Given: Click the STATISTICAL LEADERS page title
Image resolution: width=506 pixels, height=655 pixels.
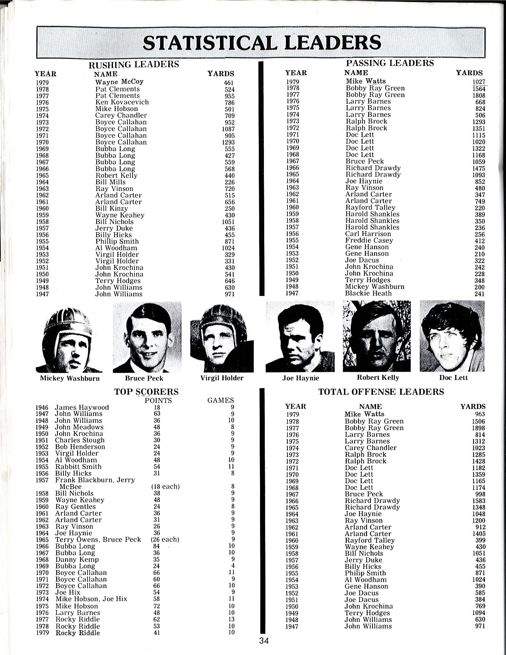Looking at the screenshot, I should pos(262,42).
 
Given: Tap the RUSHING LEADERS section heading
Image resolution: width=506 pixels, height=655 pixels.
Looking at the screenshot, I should pos(134,64).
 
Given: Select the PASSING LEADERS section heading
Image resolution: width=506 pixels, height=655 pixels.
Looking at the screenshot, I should pos(390,63).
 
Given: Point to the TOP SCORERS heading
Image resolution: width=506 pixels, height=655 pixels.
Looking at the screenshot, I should pos(146,392).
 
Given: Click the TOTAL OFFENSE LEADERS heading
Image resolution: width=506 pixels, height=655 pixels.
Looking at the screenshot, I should pos(381,392).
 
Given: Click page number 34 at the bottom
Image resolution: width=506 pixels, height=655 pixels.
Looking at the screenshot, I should pos(264,641).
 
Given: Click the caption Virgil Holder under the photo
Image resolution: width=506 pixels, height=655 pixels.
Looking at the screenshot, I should pos(222,378).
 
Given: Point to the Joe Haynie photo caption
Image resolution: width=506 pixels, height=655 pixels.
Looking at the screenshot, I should pos(300,378).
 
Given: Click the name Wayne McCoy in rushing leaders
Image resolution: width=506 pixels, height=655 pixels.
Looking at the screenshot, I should pos(119,82).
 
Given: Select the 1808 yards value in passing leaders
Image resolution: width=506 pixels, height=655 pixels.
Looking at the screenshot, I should pos(479,95).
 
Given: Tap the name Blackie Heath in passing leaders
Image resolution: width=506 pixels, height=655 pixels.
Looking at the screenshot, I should pos(368,293).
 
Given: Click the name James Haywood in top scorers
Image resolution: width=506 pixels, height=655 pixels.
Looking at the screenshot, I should pos(82,407).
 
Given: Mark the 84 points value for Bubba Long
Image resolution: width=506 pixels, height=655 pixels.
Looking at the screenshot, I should pos(156,546).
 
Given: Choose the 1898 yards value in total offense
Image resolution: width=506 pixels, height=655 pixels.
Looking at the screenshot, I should pos(479,428).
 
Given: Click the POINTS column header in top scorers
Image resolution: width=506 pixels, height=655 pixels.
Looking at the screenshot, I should pos(158,400).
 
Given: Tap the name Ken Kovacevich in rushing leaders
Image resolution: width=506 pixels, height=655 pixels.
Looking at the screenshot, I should pos(122,102).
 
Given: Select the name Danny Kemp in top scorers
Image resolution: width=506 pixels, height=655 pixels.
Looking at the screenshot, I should pos(77,559).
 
